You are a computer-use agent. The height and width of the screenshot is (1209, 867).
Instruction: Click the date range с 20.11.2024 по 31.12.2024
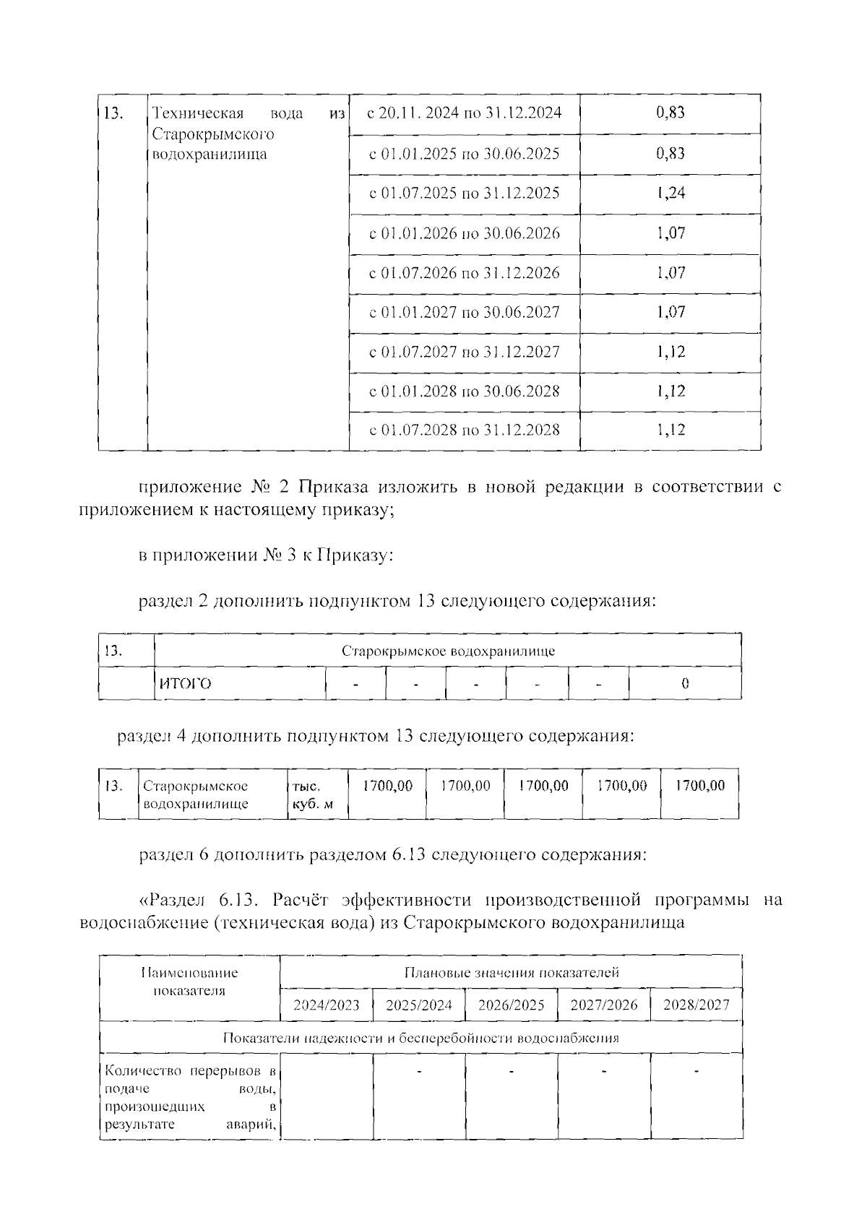pos(465,113)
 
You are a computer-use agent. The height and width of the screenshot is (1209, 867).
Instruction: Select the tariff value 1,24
pos(670,194)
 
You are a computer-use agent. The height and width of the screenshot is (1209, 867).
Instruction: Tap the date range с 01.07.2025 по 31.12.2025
pos(465,194)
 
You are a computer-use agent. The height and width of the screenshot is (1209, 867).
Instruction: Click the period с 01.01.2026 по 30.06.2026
pos(465,233)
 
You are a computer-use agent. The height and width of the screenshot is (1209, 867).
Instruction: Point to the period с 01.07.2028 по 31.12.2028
pos(465,430)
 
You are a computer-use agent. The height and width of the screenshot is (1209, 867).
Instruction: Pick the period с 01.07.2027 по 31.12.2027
pos(465,352)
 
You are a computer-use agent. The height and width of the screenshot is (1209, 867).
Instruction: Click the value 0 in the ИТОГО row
pos(685,683)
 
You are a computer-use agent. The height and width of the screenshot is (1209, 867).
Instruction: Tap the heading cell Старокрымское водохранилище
pos(448,651)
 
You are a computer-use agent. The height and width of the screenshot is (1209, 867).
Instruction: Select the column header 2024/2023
pos(326,1005)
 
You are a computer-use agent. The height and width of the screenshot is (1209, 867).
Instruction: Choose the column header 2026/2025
pos(512,1005)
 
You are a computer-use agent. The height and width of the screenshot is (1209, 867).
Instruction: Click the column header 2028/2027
pos(696,1005)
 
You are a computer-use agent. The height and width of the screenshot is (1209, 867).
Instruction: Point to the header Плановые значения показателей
pos(511,972)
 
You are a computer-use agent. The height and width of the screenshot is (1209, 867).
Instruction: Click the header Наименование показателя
pos(189,981)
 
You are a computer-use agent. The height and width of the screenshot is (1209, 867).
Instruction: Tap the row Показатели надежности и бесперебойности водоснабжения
pos(420,1038)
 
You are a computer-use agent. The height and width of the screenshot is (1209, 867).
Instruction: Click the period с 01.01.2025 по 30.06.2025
pos(465,154)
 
